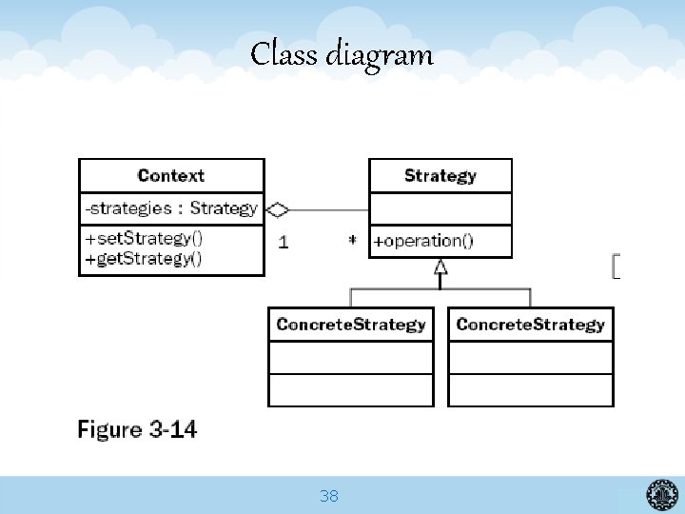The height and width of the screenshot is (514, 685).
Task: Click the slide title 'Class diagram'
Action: tap(342, 54)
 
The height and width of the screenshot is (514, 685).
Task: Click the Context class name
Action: tap(171, 175)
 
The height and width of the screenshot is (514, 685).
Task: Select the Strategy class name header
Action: tap(440, 175)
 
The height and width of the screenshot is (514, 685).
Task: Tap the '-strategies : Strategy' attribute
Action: tap(171, 208)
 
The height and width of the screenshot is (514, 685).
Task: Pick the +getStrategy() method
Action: tap(144, 258)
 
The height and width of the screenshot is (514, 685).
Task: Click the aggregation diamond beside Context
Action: tap(277, 208)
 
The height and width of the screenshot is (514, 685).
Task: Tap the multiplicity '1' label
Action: tap(284, 242)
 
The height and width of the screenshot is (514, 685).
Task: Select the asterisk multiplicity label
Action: tap(352, 241)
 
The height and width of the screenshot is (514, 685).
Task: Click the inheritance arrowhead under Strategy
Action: tap(440, 268)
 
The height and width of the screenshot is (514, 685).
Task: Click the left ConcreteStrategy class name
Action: tap(350, 325)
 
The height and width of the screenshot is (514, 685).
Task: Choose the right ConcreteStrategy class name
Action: tap(530, 325)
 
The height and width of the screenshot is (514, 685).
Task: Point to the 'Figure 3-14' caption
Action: tap(137, 429)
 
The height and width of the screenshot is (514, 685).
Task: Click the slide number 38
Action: tap(329, 496)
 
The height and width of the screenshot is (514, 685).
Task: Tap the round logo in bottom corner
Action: tap(662, 494)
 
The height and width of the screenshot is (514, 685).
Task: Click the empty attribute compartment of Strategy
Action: tap(440, 208)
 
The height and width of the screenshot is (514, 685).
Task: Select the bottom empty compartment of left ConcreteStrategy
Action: tap(350, 389)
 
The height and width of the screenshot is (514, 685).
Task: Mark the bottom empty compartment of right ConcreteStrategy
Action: tap(530, 389)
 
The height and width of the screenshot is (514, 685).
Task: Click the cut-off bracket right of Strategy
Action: tap(616, 267)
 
